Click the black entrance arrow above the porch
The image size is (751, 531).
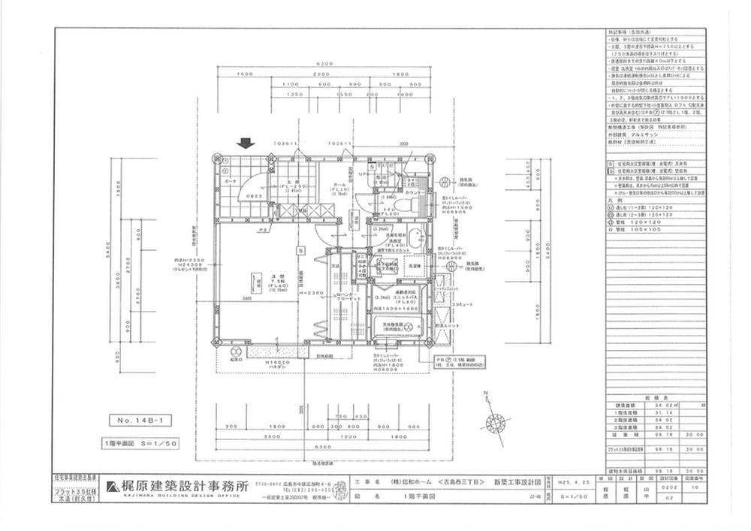244,143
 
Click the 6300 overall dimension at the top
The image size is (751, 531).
324,65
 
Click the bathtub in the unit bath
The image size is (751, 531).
403,328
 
